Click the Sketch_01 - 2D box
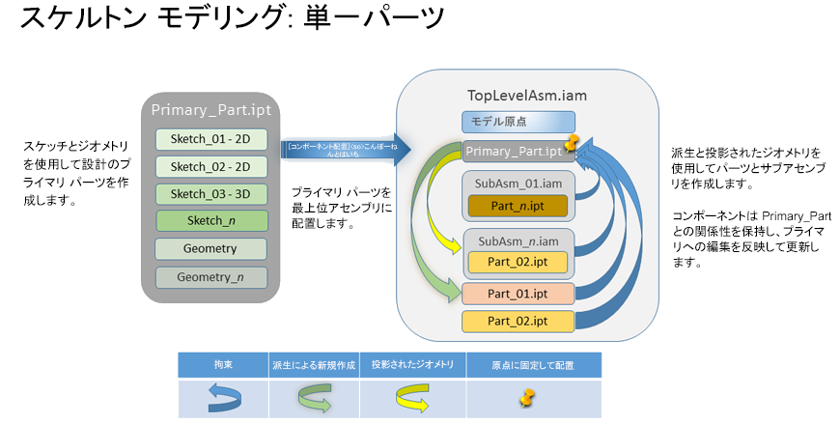click(x=210, y=139)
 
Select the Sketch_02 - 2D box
click(x=210, y=166)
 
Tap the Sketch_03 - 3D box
click(x=210, y=193)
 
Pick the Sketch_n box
click(x=210, y=221)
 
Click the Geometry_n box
click(x=210, y=277)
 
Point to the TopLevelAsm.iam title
click(x=520, y=97)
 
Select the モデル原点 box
click(x=518, y=122)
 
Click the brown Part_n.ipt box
click(x=519, y=205)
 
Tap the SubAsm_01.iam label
click(x=518, y=183)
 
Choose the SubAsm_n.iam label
click(x=518, y=239)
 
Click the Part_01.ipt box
click(x=518, y=293)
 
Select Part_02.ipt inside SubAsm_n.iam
click(x=519, y=261)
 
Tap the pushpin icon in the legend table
click(x=528, y=397)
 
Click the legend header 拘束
click(x=222, y=365)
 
